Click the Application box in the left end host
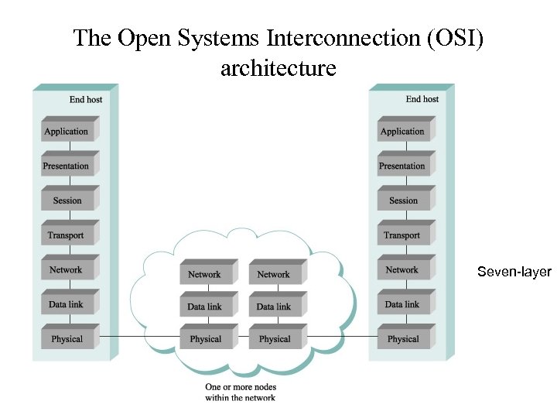tap(67, 132)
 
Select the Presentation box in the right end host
tap(402, 166)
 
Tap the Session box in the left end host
tap(67, 200)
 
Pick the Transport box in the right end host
tap(402, 235)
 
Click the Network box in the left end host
tap(67, 270)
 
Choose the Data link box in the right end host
tap(402, 304)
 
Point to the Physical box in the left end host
tap(67, 339)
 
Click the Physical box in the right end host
tap(402, 339)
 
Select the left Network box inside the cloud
tap(205, 275)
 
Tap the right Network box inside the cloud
tap(274, 275)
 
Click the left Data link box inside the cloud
tap(205, 307)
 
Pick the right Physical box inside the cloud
tap(274, 339)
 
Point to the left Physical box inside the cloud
tap(205, 339)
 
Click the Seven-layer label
tap(514, 272)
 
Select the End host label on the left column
tap(86, 99)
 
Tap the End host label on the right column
tap(422, 99)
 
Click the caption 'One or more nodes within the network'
tap(241, 392)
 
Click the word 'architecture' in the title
tap(278, 68)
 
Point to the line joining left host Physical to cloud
tap(140, 337)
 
